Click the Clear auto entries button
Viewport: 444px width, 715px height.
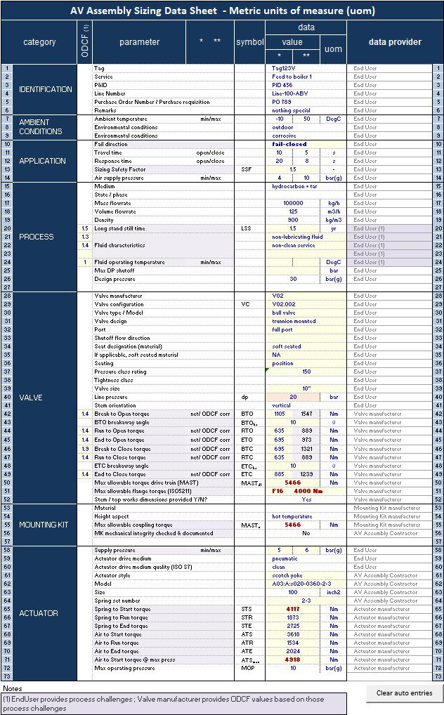click(403, 693)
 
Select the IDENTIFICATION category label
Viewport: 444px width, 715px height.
click(46, 89)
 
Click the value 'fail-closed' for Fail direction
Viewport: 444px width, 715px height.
click(289, 144)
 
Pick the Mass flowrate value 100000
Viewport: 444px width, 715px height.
click(292, 203)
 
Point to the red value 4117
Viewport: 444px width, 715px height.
click(293, 609)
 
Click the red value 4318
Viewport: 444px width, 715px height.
click(293, 660)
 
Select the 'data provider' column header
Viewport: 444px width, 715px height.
click(395, 42)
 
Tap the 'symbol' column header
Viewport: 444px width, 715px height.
click(249, 42)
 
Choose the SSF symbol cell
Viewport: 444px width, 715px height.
click(245, 169)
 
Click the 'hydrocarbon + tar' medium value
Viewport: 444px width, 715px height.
click(294, 186)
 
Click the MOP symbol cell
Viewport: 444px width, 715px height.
click(246, 668)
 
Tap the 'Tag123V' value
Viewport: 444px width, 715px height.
click(284, 68)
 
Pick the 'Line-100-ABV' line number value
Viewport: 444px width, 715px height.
click(290, 93)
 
